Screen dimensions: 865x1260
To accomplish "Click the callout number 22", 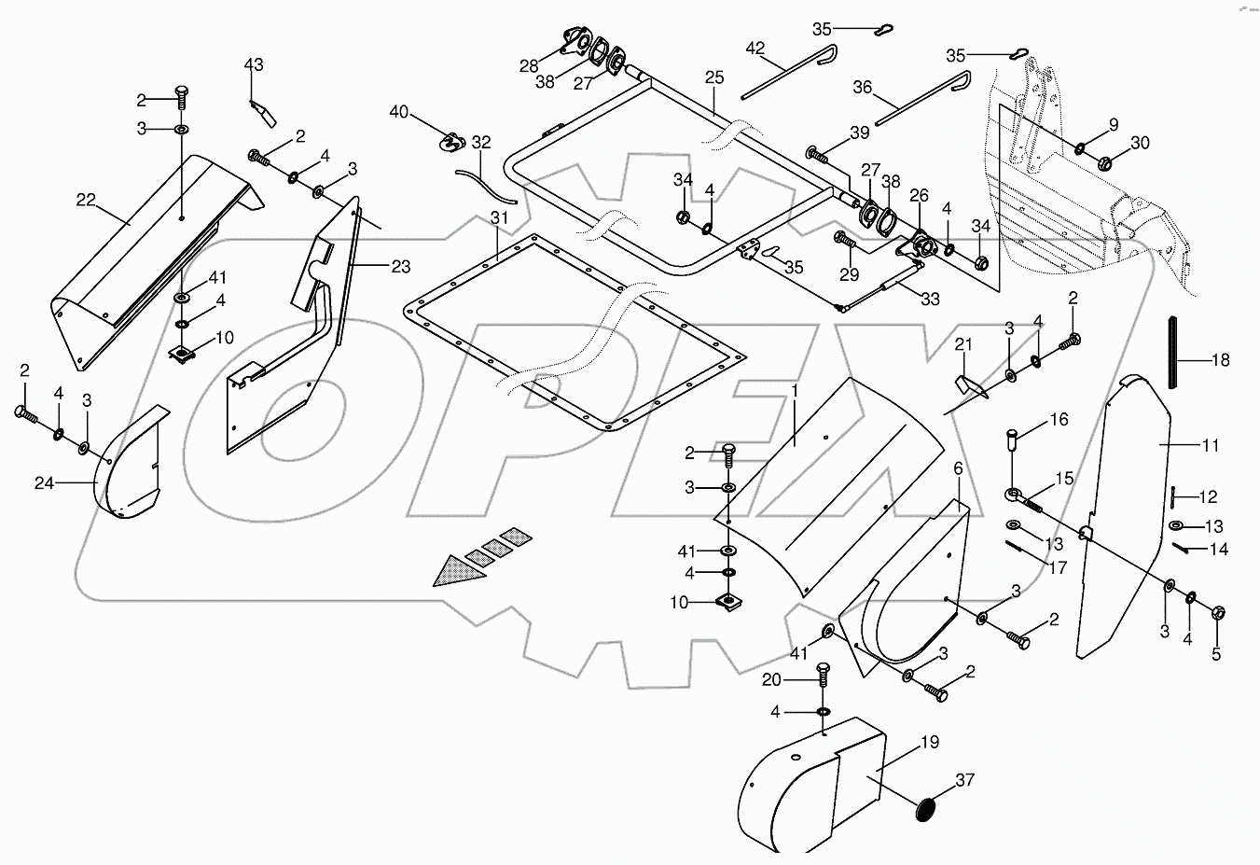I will pos(86,200).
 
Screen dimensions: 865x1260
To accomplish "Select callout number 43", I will pos(254,64).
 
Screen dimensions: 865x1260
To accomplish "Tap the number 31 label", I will pos(500,218).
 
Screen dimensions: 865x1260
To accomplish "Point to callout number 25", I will pos(713,77).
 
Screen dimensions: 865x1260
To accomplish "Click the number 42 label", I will pos(755,48).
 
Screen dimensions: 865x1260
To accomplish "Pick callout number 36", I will pos(863,87).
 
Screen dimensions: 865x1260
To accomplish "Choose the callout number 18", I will pos(1220,360).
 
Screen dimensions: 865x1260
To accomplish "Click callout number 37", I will pos(964,780).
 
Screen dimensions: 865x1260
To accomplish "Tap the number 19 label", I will pos(929,743).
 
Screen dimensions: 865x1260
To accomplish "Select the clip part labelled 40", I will pos(451,142).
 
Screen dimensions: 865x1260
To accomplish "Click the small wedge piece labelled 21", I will pos(968,382).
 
